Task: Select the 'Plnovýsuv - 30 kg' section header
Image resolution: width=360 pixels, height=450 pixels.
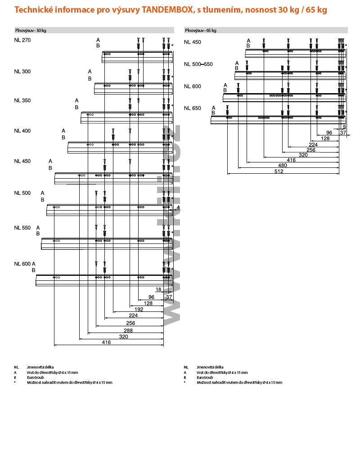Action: [31, 30]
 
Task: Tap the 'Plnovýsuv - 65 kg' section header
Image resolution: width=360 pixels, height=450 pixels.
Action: [201, 30]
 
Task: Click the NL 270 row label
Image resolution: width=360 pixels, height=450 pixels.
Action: [22, 40]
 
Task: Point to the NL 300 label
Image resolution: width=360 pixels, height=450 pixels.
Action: [22, 72]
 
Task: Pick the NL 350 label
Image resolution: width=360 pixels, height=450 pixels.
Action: [22, 100]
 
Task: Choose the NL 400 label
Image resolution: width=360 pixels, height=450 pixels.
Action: [22, 131]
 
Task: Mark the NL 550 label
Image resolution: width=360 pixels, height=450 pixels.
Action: [22, 228]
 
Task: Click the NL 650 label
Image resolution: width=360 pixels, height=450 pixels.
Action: [192, 108]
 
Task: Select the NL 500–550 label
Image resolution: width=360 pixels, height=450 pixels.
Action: [198, 64]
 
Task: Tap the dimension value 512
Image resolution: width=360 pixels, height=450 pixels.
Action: [279, 171]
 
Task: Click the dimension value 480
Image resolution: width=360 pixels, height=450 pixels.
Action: [282, 166]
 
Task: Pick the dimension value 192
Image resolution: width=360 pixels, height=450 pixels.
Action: [139, 310]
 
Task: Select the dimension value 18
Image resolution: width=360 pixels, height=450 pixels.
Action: [158, 290]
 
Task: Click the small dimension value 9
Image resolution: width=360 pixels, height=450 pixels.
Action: [344, 127]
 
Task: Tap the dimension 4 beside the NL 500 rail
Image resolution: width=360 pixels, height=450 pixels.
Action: [178, 207]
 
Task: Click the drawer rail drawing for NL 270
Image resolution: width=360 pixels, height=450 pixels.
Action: [137, 57]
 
